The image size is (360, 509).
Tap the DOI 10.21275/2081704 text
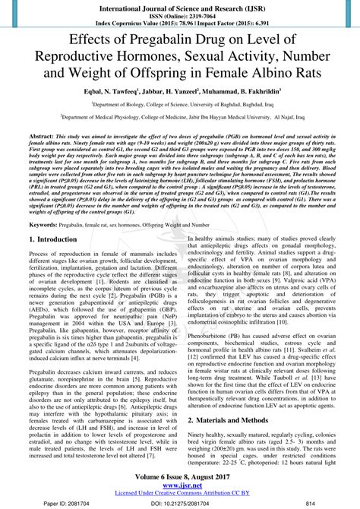[x=179, y=502]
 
